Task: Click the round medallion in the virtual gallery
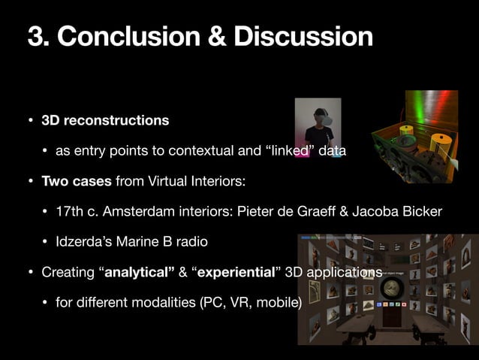click(390, 290)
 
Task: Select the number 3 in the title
click(35, 36)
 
